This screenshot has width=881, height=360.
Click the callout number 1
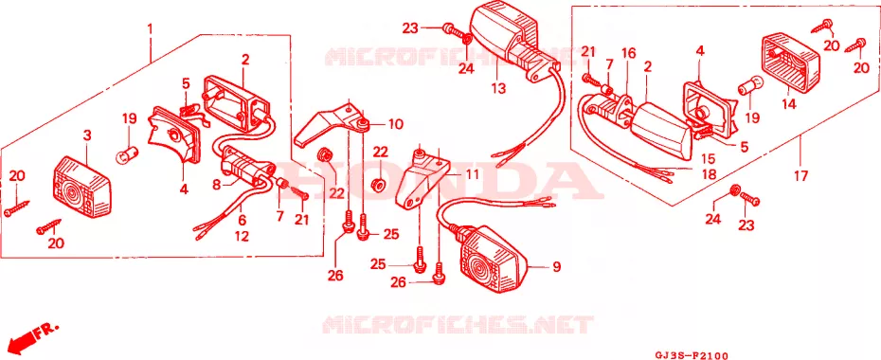point(150,27)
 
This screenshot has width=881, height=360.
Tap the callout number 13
point(497,88)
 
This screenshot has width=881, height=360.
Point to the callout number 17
point(800,176)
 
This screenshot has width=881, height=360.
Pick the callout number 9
point(556,267)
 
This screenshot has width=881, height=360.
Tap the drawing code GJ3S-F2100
point(692,355)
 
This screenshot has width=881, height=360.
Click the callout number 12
point(242,237)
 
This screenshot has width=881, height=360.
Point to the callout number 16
point(629,54)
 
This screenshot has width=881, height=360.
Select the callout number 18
point(709,174)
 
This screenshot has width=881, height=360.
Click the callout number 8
point(217,183)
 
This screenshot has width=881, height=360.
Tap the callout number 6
point(242,220)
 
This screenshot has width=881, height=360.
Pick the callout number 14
point(789,104)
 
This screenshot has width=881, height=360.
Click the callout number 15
point(708,159)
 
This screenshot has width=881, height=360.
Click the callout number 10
point(396,124)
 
